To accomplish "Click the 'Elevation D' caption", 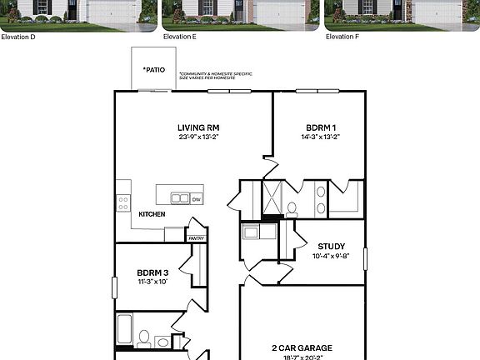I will [17, 37].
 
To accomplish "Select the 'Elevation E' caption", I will [180, 37].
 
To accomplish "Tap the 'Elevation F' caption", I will [342, 37].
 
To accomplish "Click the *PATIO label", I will [153, 70].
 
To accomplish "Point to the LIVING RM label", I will [198, 127].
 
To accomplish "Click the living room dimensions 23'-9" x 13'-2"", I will [198, 137].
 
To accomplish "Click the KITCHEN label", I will [152, 214].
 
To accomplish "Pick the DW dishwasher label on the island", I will [197, 199].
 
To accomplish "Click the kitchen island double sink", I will [180, 198].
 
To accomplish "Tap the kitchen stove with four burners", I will [123, 202].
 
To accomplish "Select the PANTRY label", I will [196, 238].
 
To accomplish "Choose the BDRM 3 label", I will [153, 272].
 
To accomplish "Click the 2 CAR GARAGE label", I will [302, 347].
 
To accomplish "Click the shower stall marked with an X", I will [271, 197].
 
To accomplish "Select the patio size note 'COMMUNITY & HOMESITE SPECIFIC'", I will [216, 73].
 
